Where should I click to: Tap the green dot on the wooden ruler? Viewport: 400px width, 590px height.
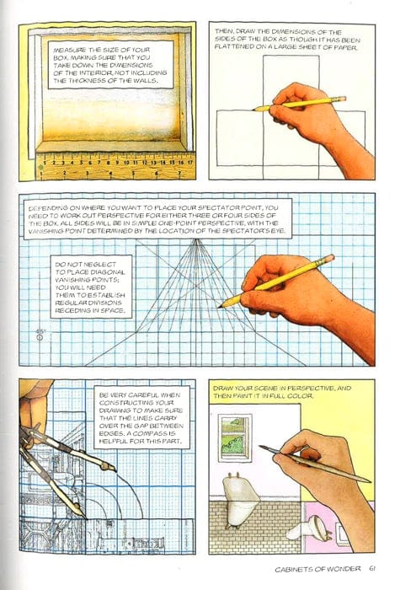click(x=40, y=171)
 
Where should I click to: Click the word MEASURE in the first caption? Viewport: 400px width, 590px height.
click(x=69, y=47)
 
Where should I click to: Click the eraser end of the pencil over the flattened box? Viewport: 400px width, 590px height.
click(x=342, y=99)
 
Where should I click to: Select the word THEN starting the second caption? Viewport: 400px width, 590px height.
click(x=226, y=33)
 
